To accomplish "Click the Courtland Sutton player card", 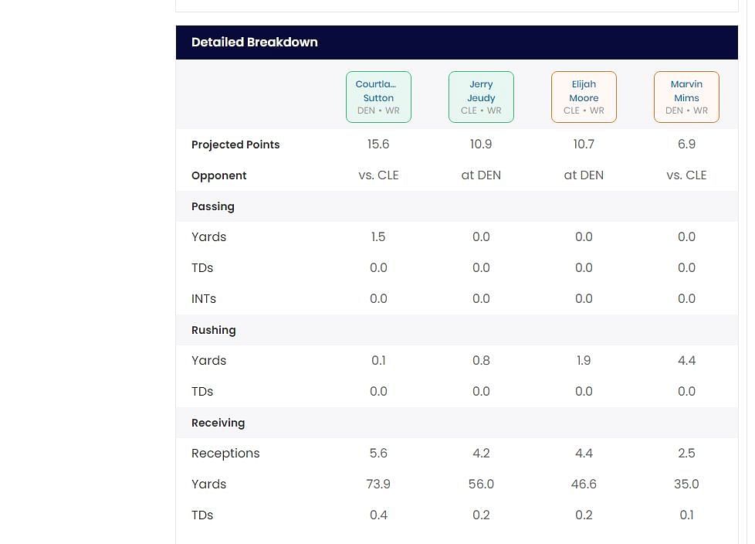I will click(378, 97).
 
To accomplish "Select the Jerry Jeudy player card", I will click(481, 97).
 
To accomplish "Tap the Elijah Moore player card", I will click(584, 97).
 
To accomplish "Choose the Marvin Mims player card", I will click(686, 97).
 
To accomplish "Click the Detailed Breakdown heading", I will click(254, 42).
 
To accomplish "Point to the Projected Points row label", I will click(235, 144).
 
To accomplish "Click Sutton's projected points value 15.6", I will click(378, 144).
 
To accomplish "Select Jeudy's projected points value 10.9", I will click(481, 144).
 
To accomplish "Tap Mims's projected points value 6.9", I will click(686, 144).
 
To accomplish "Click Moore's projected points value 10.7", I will click(584, 144).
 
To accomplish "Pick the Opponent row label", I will click(218, 175).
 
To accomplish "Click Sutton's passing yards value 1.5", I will click(378, 237).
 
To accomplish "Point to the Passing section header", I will click(213, 206).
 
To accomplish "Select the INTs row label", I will click(204, 299).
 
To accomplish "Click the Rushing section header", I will click(214, 330).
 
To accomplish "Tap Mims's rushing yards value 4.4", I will click(686, 361).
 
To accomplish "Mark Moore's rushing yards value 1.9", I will click(584, 361).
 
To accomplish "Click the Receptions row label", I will click(225, 454).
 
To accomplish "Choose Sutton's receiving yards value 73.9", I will click(378, 484).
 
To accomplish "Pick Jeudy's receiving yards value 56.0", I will click(481, 484).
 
